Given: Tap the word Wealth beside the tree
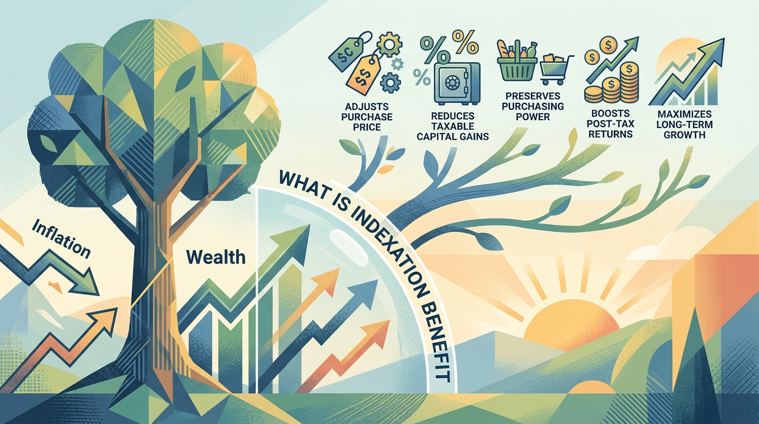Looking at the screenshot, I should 216,257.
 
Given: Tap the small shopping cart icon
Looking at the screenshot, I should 554,69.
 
